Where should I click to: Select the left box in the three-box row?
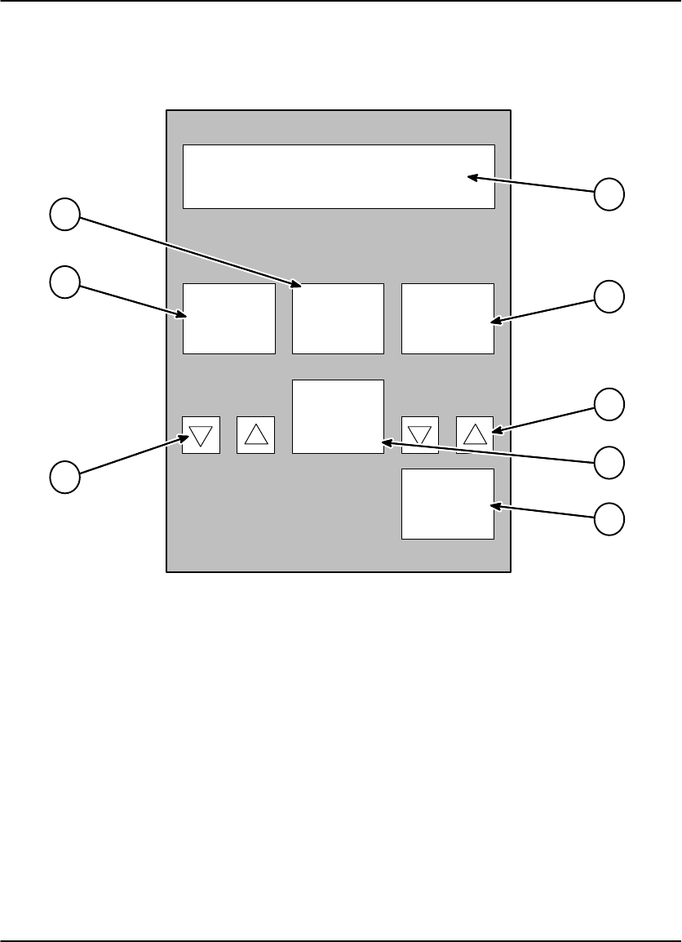pos(228,318)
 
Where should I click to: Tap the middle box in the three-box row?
pos(338,318)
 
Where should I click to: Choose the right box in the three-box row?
pos(448,318)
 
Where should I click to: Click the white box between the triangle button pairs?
pos(338,416)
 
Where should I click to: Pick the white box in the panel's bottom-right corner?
pos(448,504)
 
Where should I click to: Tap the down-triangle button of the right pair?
pos(420,434)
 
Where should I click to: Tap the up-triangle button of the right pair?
pos(475,434)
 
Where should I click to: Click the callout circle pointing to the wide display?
pos(609,193)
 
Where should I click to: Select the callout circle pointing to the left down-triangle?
pos(64,476)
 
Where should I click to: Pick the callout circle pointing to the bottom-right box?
pos(609,519)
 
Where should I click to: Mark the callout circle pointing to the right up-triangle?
pos(609,404)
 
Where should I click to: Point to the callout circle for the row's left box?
pos(64,282)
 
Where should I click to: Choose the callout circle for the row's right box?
pos(609,295)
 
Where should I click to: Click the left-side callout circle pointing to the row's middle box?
pos(64,216)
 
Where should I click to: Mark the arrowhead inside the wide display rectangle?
pos(472,176)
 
